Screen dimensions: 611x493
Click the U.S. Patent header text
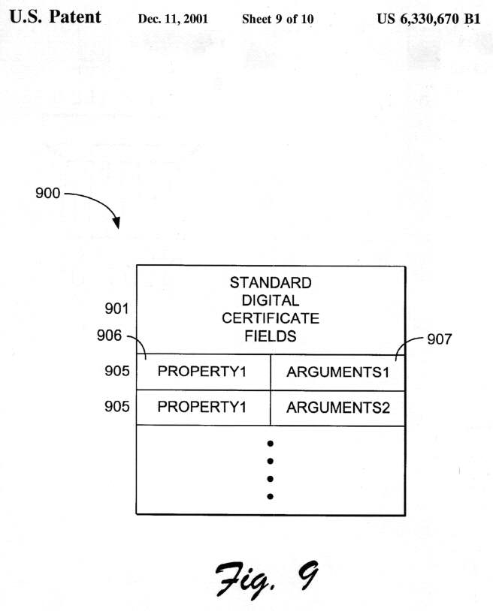[55, 17]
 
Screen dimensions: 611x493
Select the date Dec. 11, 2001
[173, 19]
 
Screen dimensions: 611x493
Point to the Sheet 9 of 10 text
[277, 19]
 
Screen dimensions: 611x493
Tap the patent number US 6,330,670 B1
[428, 19]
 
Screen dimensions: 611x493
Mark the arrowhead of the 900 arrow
[116, 224]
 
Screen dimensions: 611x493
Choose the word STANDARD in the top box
[271, 283]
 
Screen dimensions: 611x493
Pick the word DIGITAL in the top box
[271, 300]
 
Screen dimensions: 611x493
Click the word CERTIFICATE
[271, 318]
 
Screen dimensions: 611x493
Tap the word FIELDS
[271, 336]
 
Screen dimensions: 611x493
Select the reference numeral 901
[117, 309]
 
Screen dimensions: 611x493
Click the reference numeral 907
[440, 339]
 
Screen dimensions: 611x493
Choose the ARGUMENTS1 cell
[338, 372]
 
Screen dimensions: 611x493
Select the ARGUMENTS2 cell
[338, 408]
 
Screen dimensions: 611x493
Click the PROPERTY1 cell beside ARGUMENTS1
[202, 372]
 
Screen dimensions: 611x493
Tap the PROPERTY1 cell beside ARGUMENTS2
[202, 408]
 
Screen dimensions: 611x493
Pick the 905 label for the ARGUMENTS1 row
[117, 371]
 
